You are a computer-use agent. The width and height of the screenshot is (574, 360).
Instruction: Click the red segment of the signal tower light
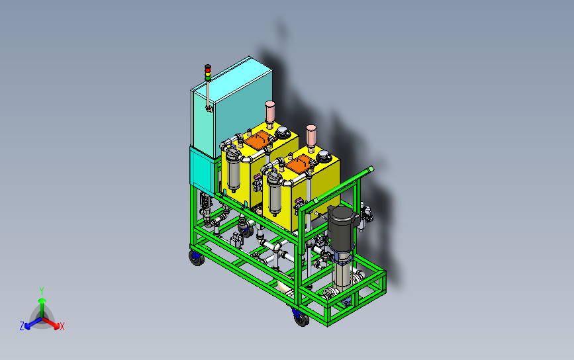208,68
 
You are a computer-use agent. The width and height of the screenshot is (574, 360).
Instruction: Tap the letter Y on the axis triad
42,291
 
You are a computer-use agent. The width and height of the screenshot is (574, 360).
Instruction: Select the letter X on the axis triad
62,326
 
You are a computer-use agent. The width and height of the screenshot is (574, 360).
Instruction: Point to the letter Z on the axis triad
22,326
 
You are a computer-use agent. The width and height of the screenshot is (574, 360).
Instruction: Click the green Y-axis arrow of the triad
42,308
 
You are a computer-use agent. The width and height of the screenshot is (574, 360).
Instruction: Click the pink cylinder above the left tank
270,112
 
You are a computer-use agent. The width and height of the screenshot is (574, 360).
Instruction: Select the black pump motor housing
342,223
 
